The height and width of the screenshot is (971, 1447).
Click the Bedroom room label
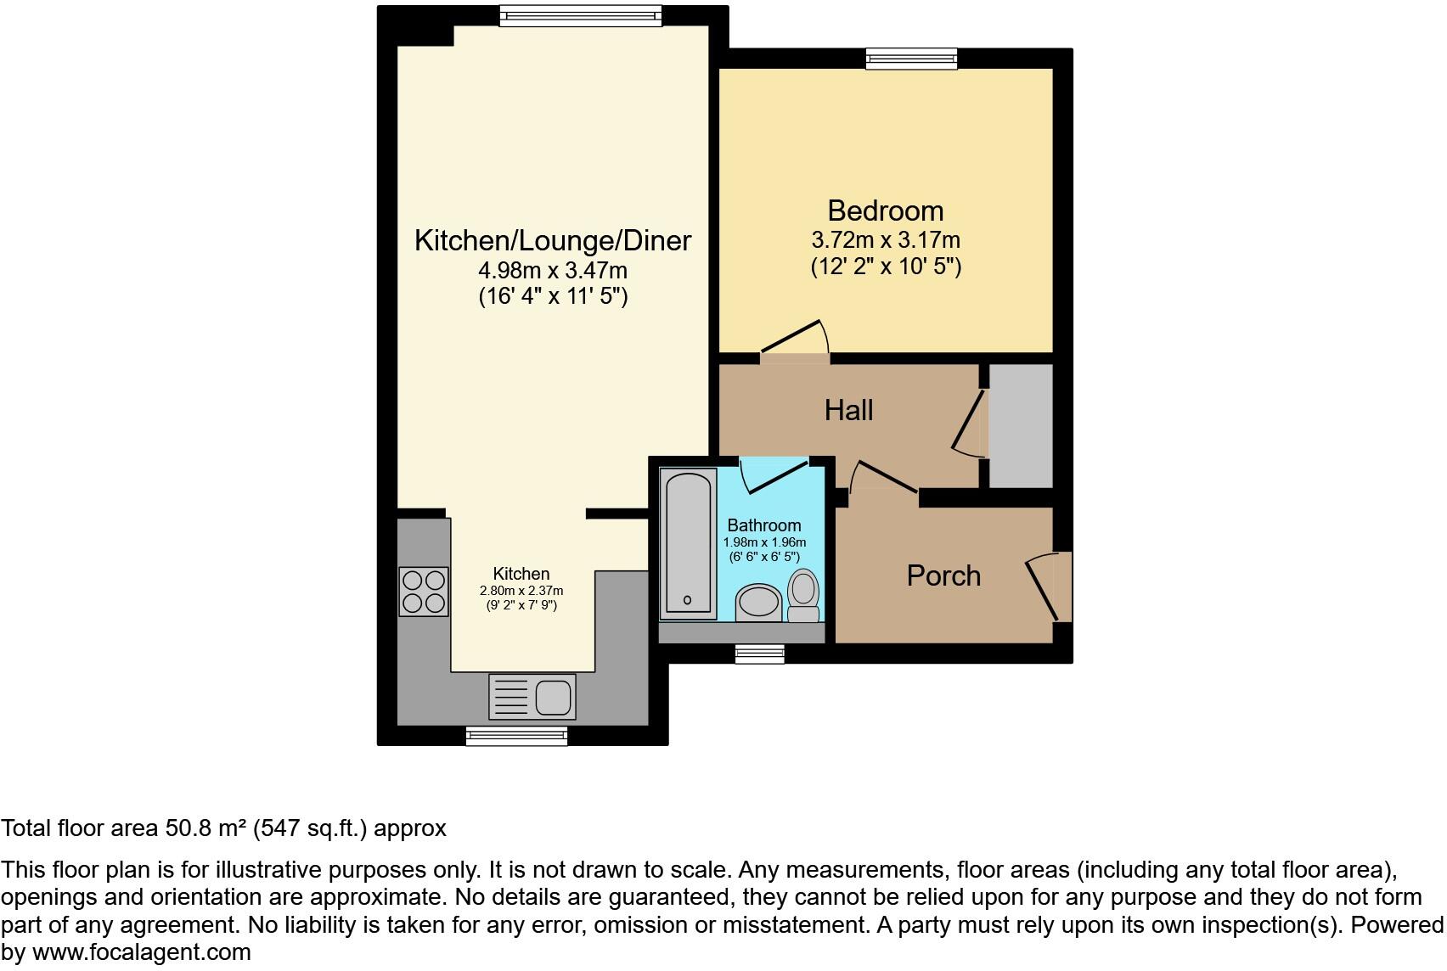885,211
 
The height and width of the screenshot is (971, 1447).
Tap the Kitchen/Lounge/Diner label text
552,241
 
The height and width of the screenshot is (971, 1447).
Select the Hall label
848,411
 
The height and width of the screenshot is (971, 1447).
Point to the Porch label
943,576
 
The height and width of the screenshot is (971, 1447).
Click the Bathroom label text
763,525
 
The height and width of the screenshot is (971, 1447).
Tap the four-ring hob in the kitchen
423,591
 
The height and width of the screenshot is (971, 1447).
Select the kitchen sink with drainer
532,696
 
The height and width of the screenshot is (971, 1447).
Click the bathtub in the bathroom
687,544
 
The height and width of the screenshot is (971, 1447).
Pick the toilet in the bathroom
803,597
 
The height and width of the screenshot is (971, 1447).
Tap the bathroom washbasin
757,603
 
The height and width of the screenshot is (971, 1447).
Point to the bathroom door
773,475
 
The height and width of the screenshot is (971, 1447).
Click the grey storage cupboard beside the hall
1021,426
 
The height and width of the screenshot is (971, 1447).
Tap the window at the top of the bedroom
911,59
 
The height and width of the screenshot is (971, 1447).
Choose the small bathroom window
759,652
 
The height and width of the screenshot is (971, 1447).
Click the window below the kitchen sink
516,736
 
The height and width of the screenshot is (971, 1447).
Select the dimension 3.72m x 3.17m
885,240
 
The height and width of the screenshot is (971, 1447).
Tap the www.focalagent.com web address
142,952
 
